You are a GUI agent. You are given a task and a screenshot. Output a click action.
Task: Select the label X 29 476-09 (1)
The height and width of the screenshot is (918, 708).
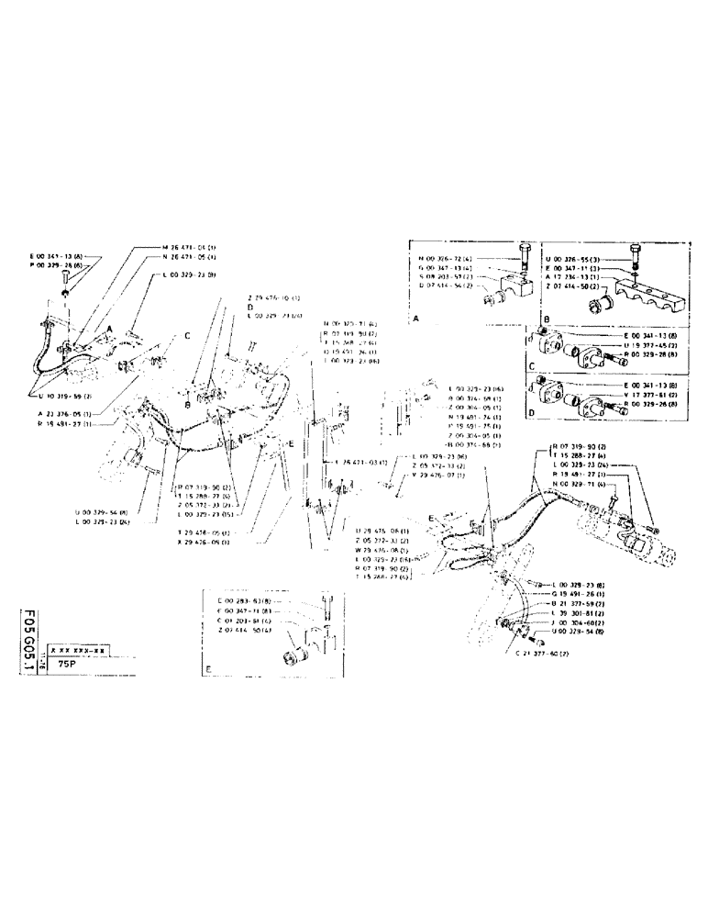point(201,541)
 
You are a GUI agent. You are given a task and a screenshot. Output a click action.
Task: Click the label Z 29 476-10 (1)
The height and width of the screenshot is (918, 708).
point(275,297)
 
